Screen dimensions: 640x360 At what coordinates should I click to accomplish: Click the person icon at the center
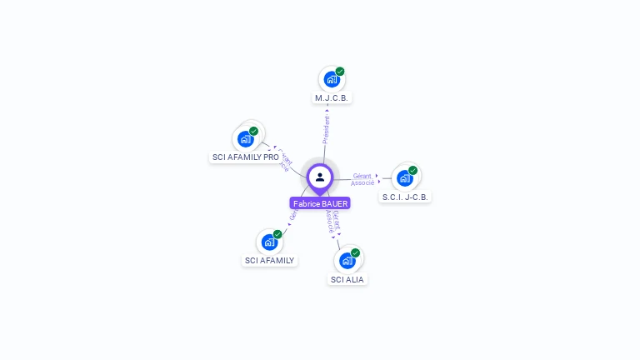[x=320, y=177]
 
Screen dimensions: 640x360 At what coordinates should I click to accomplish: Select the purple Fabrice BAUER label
[x=320, y=203]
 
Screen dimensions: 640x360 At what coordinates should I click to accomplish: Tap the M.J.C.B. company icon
[x=332, y=80]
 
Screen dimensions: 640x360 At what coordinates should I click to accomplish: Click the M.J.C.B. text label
[x=332, y=98]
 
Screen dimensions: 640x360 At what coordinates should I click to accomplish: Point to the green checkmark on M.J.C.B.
[x=340, y=72]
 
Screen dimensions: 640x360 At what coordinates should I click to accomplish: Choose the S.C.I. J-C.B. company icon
[x=405, y=177]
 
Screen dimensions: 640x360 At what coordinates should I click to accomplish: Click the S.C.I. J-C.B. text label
[x=406, y=197]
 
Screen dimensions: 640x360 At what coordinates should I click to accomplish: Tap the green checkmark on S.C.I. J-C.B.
[x=412, y=170]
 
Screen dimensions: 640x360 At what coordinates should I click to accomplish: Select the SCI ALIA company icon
[x=347, y=261]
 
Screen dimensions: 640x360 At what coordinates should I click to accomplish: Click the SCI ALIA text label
[x=347, y=280]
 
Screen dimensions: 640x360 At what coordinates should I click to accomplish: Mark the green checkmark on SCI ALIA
[x=356, y=252]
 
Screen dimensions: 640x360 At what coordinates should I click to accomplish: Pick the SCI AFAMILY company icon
[x=269, y=242]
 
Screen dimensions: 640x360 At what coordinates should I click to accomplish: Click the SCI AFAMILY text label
[x=269, y=261]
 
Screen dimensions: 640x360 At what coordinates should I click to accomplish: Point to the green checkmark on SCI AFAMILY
[x=277, y=234]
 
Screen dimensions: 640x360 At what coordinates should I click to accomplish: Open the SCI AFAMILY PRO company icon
[x=246, y=138]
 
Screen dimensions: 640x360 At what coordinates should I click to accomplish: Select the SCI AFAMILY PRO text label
[x=246, y=157]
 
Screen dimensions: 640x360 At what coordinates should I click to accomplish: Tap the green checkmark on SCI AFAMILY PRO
[x=254, y=131]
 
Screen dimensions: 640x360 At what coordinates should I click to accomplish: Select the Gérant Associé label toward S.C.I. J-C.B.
[x=362, y=179]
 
